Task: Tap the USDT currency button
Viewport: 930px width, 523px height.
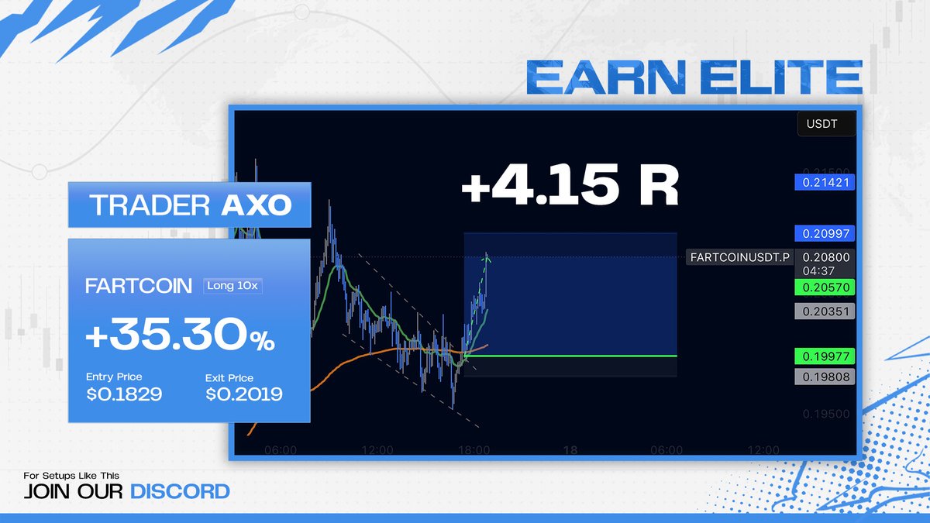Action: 826,123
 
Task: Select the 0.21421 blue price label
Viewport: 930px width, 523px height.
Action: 825,183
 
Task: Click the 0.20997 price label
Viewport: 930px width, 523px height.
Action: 825,234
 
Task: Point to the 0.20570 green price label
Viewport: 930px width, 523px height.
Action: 825,287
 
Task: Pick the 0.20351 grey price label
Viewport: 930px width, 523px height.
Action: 825,311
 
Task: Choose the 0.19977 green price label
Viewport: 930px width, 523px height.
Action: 825,356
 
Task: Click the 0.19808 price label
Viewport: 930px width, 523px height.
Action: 825,377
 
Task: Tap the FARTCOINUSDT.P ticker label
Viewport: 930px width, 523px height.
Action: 739,257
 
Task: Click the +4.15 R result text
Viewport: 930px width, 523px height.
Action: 570,186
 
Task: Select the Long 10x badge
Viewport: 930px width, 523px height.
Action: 232,285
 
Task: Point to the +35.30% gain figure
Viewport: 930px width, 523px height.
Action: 180,337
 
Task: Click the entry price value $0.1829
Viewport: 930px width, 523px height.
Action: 124,394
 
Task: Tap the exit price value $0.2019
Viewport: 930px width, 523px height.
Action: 244,394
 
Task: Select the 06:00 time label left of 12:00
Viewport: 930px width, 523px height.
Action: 281,449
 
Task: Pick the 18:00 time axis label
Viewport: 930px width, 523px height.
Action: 474,449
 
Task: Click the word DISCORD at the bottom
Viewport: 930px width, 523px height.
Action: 180,490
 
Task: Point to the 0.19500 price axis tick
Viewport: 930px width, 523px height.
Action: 826,415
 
